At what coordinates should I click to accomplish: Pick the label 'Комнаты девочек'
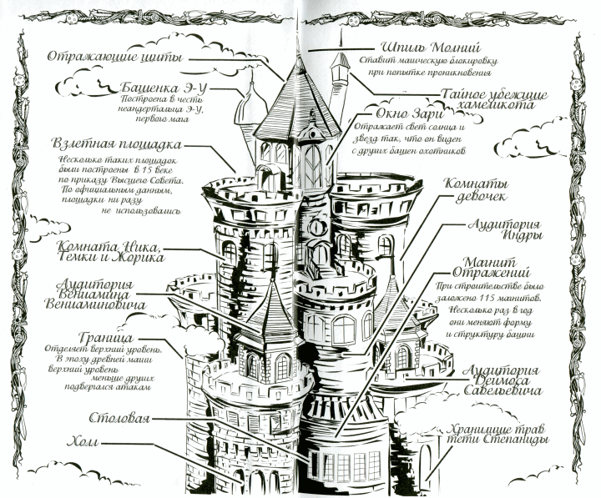(475, 191)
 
